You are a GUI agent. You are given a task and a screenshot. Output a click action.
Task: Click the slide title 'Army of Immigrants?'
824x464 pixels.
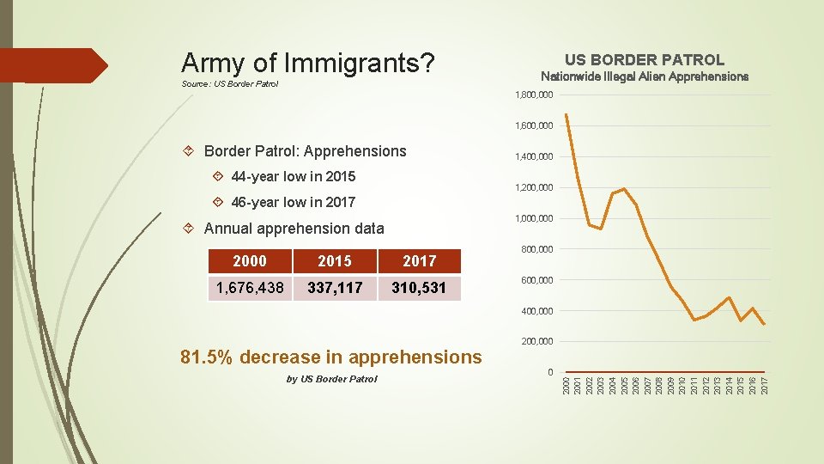coord(307,63)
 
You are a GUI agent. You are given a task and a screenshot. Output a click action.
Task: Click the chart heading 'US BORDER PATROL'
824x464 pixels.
coord(644,60)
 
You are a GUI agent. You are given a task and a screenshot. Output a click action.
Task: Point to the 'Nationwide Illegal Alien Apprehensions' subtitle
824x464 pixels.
coord(644,76)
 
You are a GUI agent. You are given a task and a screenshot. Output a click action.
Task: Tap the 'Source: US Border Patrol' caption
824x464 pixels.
coord(230,84)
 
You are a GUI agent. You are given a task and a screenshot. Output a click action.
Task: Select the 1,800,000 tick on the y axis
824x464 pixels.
coord(533,95)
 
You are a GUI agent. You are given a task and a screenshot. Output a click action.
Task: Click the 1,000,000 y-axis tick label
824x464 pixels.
coord(533,218)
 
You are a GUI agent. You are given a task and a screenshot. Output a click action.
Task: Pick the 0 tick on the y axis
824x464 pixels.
coord(549,372)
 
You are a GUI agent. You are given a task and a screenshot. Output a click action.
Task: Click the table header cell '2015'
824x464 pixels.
coord(335,261)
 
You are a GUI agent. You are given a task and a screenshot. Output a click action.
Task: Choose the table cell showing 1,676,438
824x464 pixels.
coord(250,288)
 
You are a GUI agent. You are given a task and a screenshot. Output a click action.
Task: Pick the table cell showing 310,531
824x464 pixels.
coord(419,288)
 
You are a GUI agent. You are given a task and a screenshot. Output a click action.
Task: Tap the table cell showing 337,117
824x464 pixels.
coord(335,288)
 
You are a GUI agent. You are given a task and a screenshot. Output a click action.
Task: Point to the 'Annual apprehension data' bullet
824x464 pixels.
coord(294,229)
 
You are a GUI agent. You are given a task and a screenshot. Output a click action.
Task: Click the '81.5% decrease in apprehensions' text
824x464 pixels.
coord(331,357)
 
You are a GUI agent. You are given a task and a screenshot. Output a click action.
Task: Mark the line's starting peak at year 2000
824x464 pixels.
coord(566,114)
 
